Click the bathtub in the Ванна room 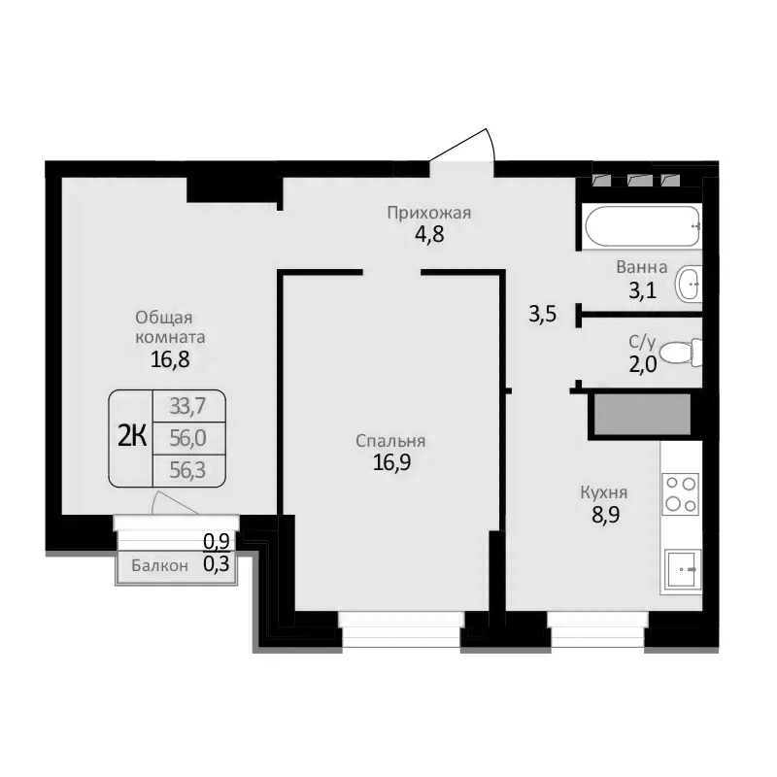pos(641,228)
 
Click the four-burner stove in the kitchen pos(680,493)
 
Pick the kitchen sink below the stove pos(682,569)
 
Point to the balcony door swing pos(175,503)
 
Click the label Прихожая pos(428,214)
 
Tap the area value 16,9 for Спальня pos(391,462)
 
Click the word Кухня pos(603,492)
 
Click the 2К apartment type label pos(132,437)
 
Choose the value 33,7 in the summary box pos(189,405)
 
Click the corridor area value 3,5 pos(542,315)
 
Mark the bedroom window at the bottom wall pos(400,629)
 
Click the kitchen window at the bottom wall pos(596,629)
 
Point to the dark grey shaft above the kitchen pos(641,415)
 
